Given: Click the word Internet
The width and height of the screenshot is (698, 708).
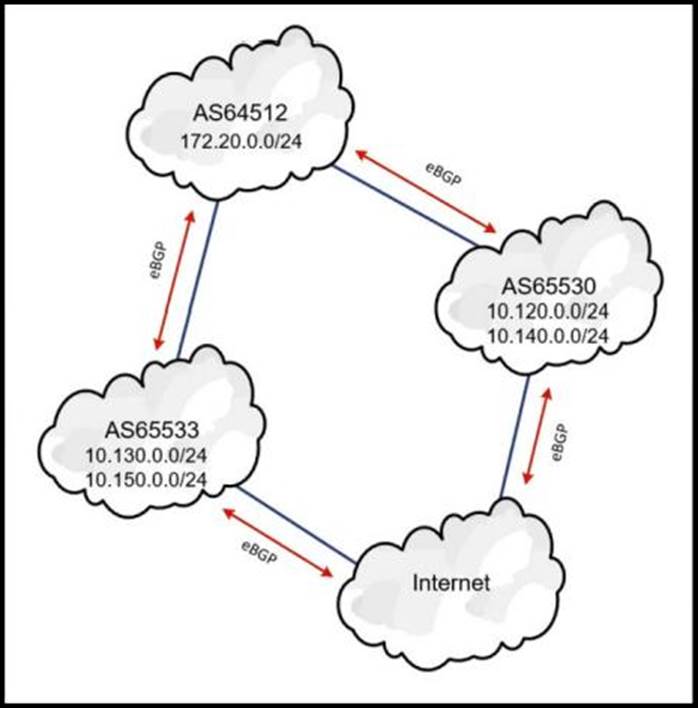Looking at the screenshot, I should (x=452, y=583).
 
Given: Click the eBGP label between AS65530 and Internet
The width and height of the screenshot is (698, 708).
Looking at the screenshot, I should (x=560, y=441).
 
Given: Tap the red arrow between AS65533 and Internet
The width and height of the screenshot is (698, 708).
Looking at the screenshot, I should (x=276, y=541).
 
